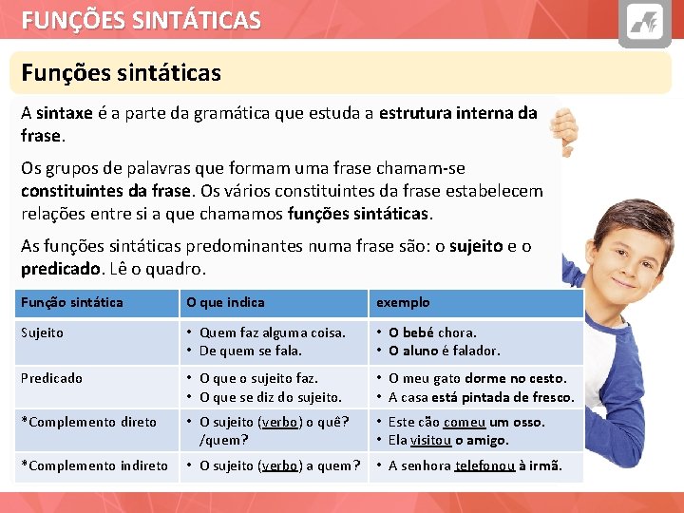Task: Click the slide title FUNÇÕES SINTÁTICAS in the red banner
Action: pos(142,20)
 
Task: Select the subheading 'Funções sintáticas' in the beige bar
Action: pos(121,72)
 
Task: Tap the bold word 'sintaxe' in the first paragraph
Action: pos(65,113)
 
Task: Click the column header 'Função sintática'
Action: pos(72,302)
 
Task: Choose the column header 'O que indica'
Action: pos(225,302)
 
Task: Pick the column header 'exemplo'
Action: pos(403,302)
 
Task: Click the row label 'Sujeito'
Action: pos(42,332)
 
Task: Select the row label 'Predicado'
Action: pos(51,378)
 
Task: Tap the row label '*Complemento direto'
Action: pos(88,422)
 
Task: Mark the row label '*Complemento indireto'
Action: pos(94,465)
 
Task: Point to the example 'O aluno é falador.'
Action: pos(444,351)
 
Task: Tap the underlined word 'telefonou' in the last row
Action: pos(484,465)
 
